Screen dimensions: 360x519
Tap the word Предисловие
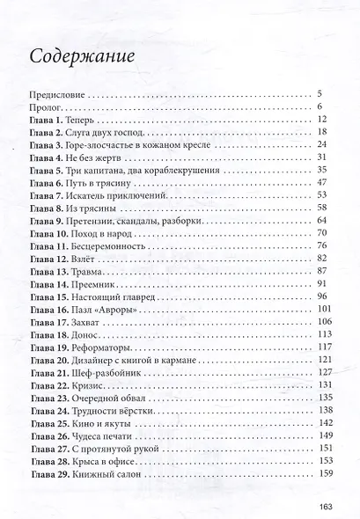click(x=55, y=92)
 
